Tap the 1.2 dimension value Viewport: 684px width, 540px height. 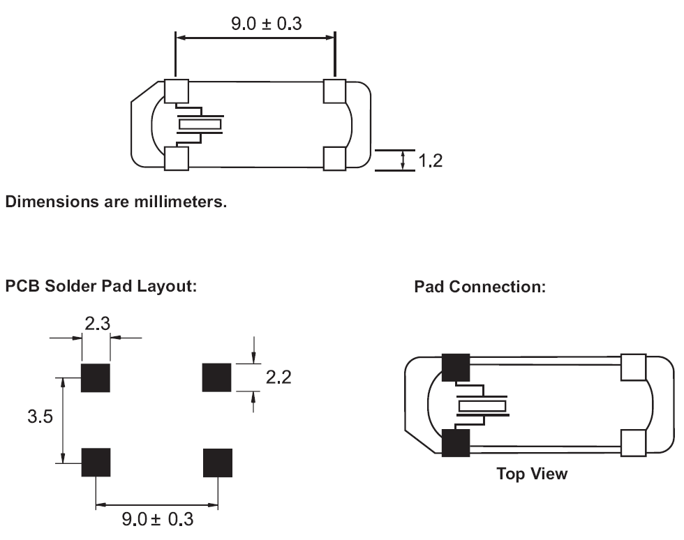pos(429,160)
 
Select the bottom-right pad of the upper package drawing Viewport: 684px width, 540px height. pos(335,158)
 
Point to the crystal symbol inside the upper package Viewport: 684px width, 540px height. pos(200,124)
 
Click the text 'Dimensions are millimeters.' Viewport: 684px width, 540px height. pos(116,203)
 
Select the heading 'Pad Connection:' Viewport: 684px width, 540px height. pos(479,287)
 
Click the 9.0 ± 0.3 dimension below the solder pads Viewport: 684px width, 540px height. pos(158,520)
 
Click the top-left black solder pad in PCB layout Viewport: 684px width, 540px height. pos(96,377)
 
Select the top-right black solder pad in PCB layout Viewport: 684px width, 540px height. pos(216,377)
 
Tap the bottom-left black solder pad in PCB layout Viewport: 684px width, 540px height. pos(96,462)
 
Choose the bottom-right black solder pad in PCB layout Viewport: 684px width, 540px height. pos(217,463)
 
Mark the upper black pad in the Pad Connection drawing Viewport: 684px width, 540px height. pos(455,368)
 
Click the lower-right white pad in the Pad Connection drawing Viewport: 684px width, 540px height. pos(634,442)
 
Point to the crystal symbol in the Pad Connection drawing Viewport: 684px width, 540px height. pos(482,405)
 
